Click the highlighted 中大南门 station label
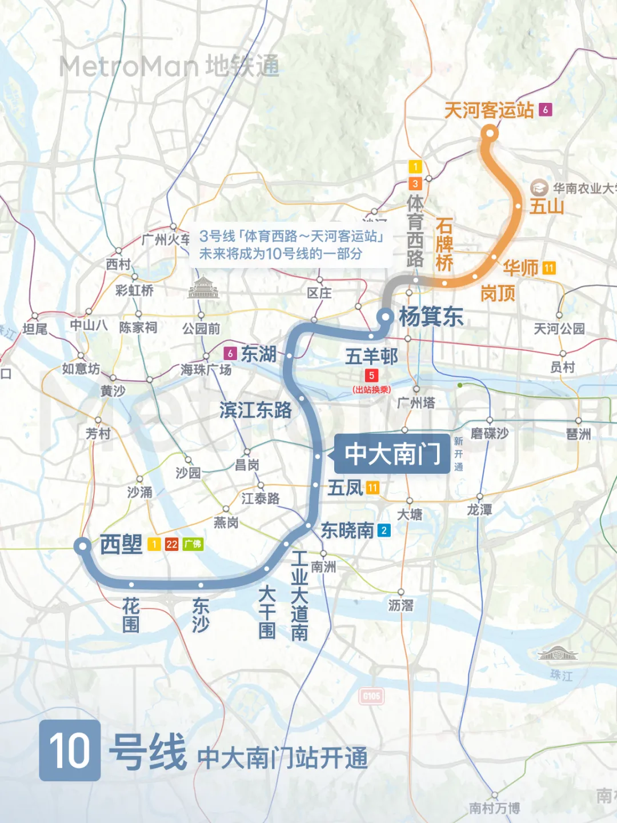[392, 454]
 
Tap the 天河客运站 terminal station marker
[490, 134]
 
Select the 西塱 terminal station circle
[83, 546]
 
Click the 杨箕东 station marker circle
[386, 316]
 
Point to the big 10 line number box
[70, 750]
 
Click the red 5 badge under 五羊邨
[371, 375]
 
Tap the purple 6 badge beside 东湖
[230, 354]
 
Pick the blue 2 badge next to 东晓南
[384, 530]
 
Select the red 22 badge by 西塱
[172, 544]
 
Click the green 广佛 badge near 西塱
[193, 544]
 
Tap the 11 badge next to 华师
[549, 267]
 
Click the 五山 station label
[546, 206]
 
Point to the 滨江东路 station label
[255, 410]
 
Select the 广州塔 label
[416, 403]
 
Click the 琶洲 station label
[578, 434]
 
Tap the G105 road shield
[372, 696]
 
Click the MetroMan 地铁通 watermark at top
[169, 66]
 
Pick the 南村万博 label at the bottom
[494, 808]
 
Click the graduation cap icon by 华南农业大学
[538, 187]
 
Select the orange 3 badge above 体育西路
[415, 183]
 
